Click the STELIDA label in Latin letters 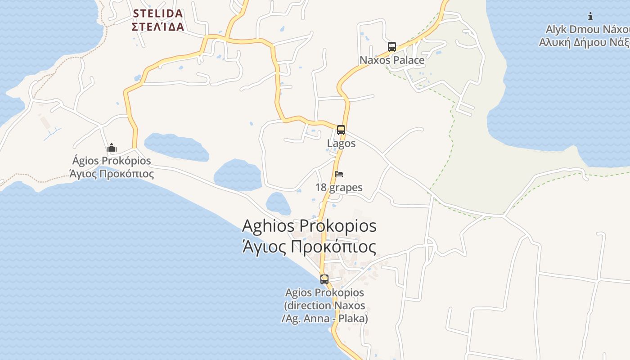click(158, 13)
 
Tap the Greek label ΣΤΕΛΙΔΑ click(158, 27)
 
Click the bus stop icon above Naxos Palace click(392, 47)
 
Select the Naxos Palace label click(392, 60)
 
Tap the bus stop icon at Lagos click(341, 130)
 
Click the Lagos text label click(341, 144)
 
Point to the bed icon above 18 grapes click(339, 174)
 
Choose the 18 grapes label click(339, 187)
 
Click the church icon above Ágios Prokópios click(112, 148)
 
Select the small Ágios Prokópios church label click(112, 161)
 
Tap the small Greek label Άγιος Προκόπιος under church click(112, 174)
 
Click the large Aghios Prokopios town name click(309, 225)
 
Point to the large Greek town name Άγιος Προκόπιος click(309, 247)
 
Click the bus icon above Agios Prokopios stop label click(324, 279)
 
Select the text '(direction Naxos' click(324, 306)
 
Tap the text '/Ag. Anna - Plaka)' click(324, 319)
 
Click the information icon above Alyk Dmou click(590, 17)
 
